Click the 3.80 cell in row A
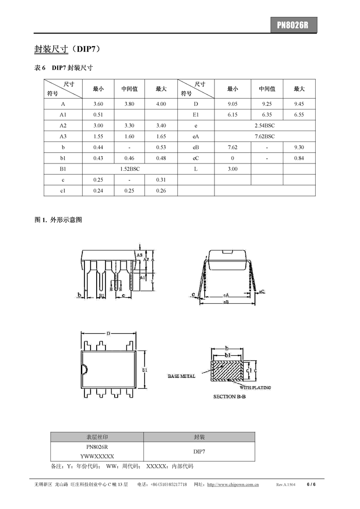[130, 104]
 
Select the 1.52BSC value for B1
[130, 169]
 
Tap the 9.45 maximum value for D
[299, 104]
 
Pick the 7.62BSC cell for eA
[265, 136]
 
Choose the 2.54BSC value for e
[265, 125]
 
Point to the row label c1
[63, 190]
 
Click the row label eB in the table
[196, 147]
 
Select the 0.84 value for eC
[299, 158]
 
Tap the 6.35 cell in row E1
[267, 115]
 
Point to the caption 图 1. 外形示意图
[58, 220]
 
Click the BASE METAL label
[182, 376]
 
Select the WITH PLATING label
[255, 388]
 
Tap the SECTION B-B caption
[230, 397]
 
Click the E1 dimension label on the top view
[145, 370]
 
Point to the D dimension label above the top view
[108, 334]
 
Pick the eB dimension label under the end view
[226, 302]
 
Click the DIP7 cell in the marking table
[199, 451]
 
